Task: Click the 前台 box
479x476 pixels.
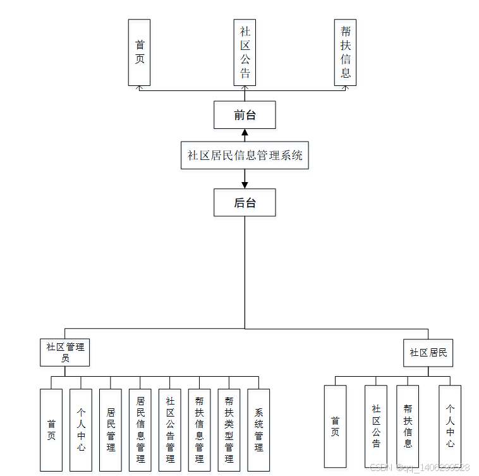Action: (x=245, y=115)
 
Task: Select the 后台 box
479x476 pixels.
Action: (x=245, y=202)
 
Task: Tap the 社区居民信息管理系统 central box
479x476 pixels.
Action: (x=245, y=155)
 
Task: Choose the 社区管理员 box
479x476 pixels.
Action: (x=64, y=352)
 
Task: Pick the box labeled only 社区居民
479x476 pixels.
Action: (x=428, y=353)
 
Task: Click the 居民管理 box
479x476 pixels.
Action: (x=111, y=429)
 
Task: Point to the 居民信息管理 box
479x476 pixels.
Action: (x=140, y=429)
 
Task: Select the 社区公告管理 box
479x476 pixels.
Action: (x=170, y=429)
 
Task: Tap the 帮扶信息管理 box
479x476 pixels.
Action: (x=200, y=429)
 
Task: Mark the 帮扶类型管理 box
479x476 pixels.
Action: (x=229, y=429)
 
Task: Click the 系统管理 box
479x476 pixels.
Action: (x=258, y=429)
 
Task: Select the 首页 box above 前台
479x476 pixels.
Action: (x=139, y=52)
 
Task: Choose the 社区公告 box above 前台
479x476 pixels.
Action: (x=245, y=52)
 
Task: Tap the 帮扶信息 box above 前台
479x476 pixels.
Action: (x=345, y=52)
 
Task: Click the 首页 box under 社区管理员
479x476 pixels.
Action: (x=51, y=429)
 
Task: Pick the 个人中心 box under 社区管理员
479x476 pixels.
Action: (x=81, y=429)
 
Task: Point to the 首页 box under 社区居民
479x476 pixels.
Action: (x=335, y=426)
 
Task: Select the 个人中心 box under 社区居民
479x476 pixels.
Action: (x=450, y=426)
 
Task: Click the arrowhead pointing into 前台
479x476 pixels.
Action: (x=245, y=133)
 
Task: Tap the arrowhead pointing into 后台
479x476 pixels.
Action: (x=245, y=185)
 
